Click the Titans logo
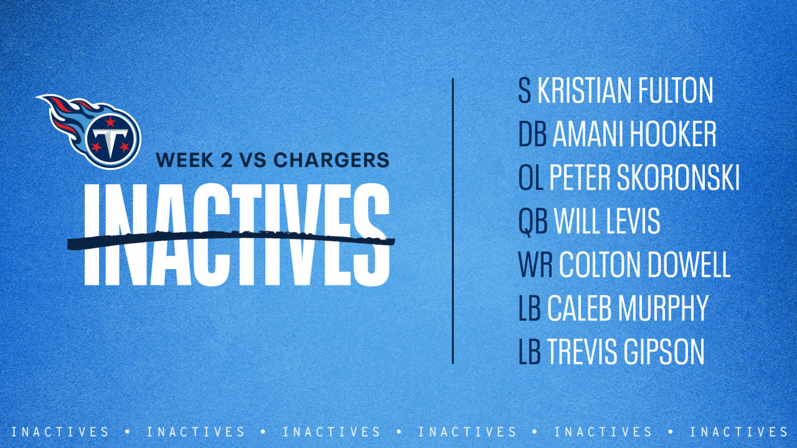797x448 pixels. tap(93, 131)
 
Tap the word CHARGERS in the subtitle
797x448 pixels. tap(331, 160)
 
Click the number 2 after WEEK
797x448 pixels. tap(222, 160)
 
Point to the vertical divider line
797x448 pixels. tap(453, 221)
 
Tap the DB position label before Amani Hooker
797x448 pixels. tap(532, 134)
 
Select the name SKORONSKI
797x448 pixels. tap(678, 178)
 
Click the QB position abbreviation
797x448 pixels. tap(532, 222)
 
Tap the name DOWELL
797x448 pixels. tap(689, 265)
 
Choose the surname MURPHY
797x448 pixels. tap(669, 309)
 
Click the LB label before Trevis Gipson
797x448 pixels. tap(529, 352)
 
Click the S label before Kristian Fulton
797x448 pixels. tap(525, 91)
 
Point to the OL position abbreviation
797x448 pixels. tap(531, 178)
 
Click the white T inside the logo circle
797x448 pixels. tap(110, 143)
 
